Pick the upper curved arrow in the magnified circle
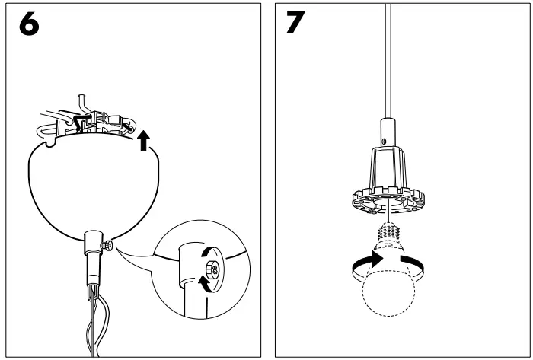click(x=210, y=253)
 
